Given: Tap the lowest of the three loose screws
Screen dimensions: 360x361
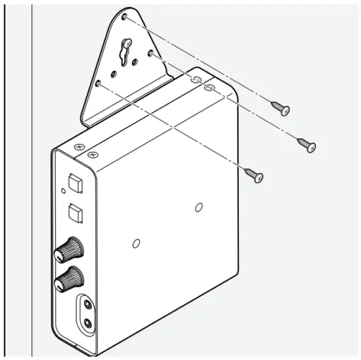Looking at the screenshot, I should [x=255, y=175].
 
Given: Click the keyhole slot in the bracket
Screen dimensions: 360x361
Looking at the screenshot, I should [x=123, y=52].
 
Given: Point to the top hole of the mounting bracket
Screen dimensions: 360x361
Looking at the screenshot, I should [x=125, y=16].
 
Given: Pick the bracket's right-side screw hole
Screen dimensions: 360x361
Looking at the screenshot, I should [x=150, y=52].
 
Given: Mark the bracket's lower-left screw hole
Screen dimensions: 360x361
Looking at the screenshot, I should [x=98, y=85].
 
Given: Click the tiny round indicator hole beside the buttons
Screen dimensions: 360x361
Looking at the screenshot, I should [x=62, y=191].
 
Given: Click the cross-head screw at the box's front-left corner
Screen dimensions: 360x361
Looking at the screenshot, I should [x=79, y=149].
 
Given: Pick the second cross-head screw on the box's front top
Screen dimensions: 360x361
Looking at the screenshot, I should [x=93, y=156].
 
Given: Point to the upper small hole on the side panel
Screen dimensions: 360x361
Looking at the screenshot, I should [x=199, y=208].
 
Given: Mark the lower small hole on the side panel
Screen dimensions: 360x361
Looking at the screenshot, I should [x=137, y=242].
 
